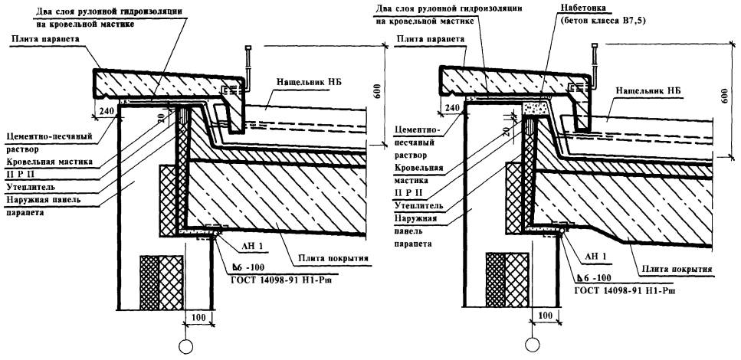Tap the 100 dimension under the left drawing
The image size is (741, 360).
click(196, 316)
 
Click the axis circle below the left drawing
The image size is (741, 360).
click(185, 346)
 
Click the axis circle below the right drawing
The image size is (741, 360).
click(529, 346)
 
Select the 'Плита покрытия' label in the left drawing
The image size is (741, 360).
click(325, 258)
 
